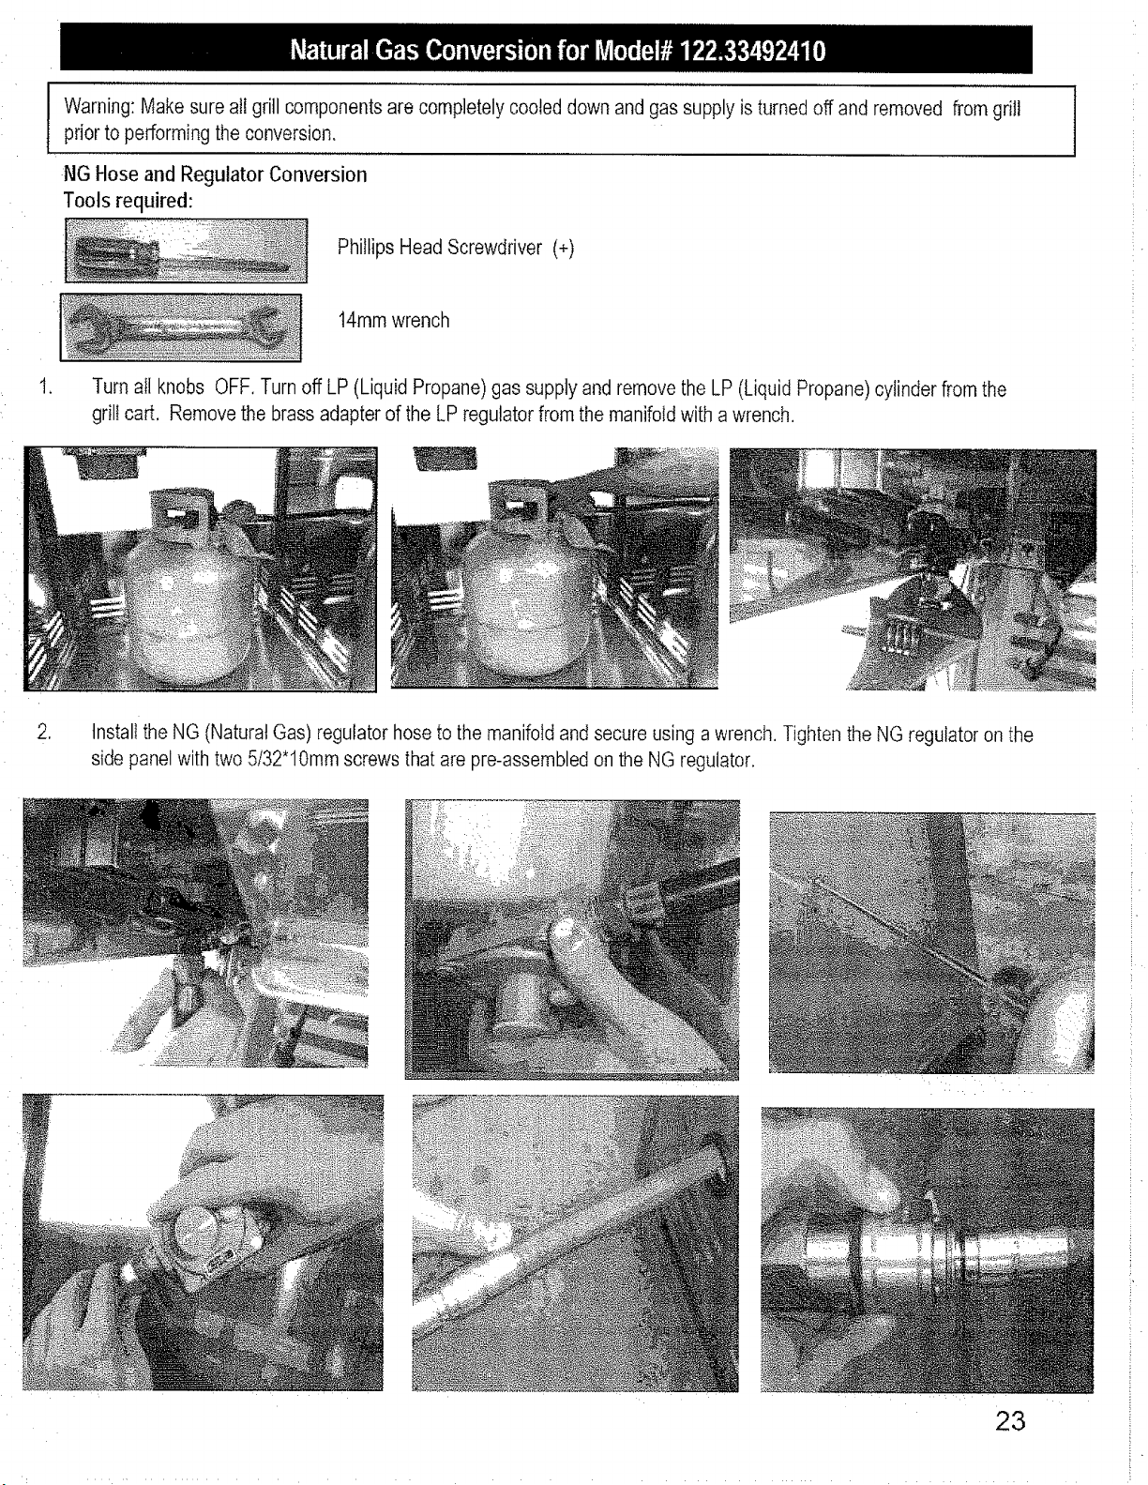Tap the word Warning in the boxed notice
pos(98,107)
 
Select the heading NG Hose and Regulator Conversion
pos(215,174)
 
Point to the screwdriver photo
pos(186,250)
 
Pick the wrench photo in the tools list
pos(180,327)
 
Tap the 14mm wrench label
pos(393,320)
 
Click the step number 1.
pos(45,387)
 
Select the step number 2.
pos(44,733)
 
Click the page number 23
pos(1010,1421)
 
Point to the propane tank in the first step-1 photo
pos(192,587)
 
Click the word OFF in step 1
pos(234,387)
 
